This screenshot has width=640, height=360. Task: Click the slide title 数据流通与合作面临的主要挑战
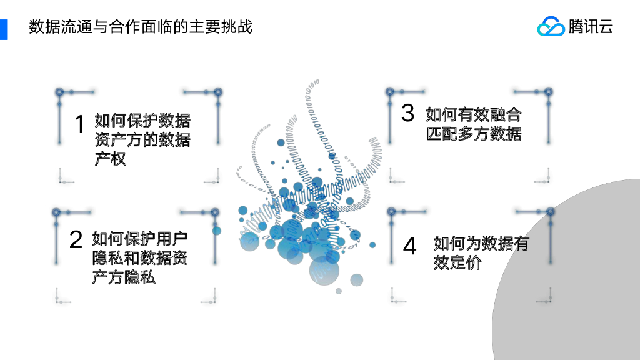click(x=141, y=27)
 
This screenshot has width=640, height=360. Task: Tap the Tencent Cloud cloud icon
click(x=551, y=26)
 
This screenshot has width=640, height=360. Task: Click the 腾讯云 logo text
click(x=591, y=27)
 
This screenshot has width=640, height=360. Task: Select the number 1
click(x=79, y=124)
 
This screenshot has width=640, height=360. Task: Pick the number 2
click(x=76, y=240)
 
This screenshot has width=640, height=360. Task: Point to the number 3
click(x=407, y=113)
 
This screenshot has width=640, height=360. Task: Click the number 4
click(x=409, y=246)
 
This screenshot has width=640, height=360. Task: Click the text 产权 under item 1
click(x=111, y=159)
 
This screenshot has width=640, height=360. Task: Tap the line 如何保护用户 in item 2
click(x=140, y=239)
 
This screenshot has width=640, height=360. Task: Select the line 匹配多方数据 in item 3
click(x=474, y=134)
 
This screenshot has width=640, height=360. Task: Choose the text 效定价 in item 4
click(x=457, y=263)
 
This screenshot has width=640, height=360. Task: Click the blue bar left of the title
click(x=4, y=29)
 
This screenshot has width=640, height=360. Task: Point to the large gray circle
click(x=575, y=281)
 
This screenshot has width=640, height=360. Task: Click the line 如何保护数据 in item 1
click(x=142, y=120)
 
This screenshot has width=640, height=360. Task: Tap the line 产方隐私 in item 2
click(x=124, y=277)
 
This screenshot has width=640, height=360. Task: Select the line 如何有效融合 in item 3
click(x=474, y=114)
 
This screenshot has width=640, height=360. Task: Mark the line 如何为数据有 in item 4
click(x=481, y=243)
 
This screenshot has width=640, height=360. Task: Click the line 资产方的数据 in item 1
click(x=142, y=140)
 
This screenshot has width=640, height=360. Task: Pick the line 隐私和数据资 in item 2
click(x=140, y=258)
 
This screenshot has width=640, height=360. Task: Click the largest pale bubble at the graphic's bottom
click(x=324, y=271)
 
